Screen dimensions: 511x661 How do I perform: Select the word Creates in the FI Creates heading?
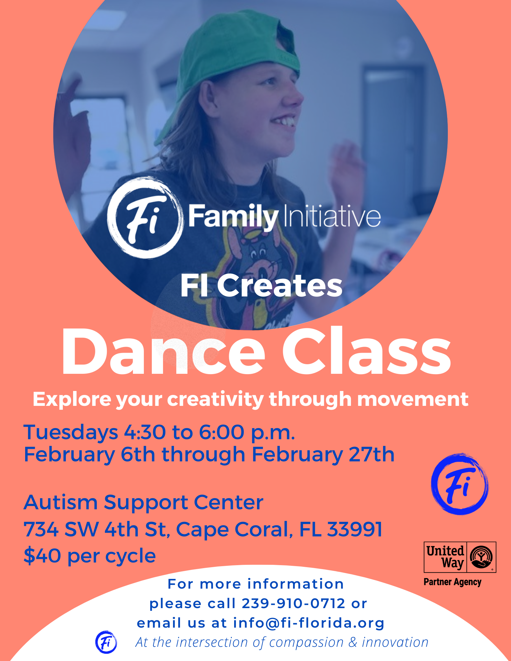280,286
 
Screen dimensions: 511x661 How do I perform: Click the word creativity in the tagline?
215,400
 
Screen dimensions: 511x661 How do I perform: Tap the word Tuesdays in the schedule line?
71,432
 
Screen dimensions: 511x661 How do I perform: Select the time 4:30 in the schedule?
145,432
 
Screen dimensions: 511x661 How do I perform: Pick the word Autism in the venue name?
61,502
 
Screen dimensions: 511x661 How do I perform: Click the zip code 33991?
355,529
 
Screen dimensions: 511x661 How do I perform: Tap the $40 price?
42,556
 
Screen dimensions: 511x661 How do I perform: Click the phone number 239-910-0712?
294,603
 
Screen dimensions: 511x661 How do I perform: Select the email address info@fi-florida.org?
309,623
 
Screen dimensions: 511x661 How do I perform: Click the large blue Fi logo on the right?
460,485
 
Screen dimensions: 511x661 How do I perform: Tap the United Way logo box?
460,557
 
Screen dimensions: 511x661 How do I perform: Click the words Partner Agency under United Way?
452,582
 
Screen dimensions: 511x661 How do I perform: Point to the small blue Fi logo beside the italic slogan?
106,642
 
